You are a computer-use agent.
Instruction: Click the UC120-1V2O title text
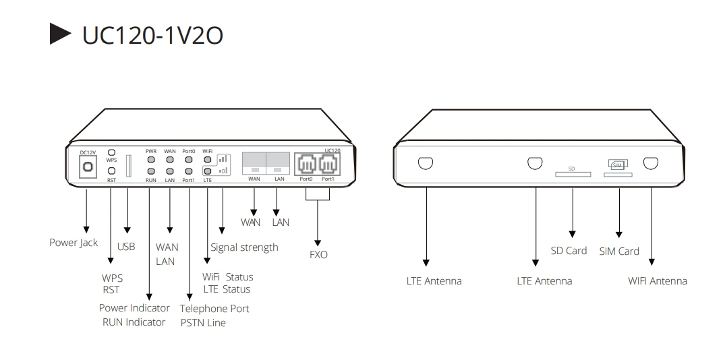click(152, 35)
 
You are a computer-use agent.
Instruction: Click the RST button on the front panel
click(112, 171)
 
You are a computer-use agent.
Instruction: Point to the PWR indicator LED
click(151, 160)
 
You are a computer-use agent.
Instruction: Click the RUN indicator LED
click(151, 171)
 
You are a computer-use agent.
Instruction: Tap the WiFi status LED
click(208, 160)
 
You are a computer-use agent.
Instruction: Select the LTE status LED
click(208, 171)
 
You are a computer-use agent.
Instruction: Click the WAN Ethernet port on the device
click(254, 162)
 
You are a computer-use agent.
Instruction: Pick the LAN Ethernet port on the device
click(279, 162)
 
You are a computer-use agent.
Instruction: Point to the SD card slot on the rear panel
click(573, 175)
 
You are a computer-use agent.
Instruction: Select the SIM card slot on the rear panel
click(618, 175)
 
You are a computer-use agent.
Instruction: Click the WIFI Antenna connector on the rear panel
click(650, 163)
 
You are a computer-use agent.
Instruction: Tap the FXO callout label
click(318, 255)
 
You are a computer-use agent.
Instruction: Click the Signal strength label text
click(244, 247)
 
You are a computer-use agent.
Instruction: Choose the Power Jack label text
click(74, 243)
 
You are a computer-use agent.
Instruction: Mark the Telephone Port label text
click(214, 309)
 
